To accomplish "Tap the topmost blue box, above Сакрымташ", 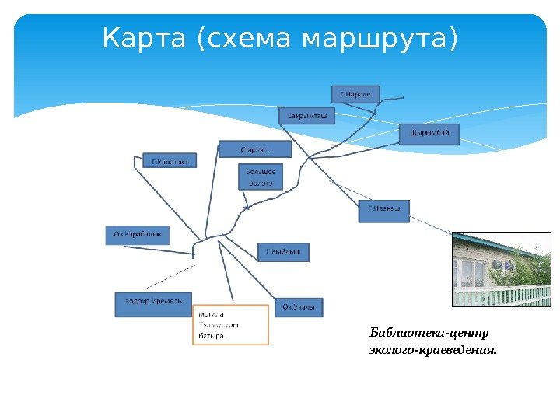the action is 355,94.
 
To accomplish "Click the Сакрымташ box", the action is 306,116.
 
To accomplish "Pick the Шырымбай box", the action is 429,135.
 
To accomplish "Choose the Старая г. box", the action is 254,149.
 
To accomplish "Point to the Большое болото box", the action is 261,177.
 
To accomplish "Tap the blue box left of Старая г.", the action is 170,161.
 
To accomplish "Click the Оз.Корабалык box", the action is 137,235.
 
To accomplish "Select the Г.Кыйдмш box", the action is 283,252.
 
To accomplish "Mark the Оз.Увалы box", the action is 298,307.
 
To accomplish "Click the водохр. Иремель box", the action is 153,304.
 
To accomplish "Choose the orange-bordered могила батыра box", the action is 230,325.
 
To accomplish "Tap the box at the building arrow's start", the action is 383,211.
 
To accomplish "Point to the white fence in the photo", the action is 501,296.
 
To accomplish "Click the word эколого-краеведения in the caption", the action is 432,350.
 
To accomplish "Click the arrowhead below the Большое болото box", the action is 247,208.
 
